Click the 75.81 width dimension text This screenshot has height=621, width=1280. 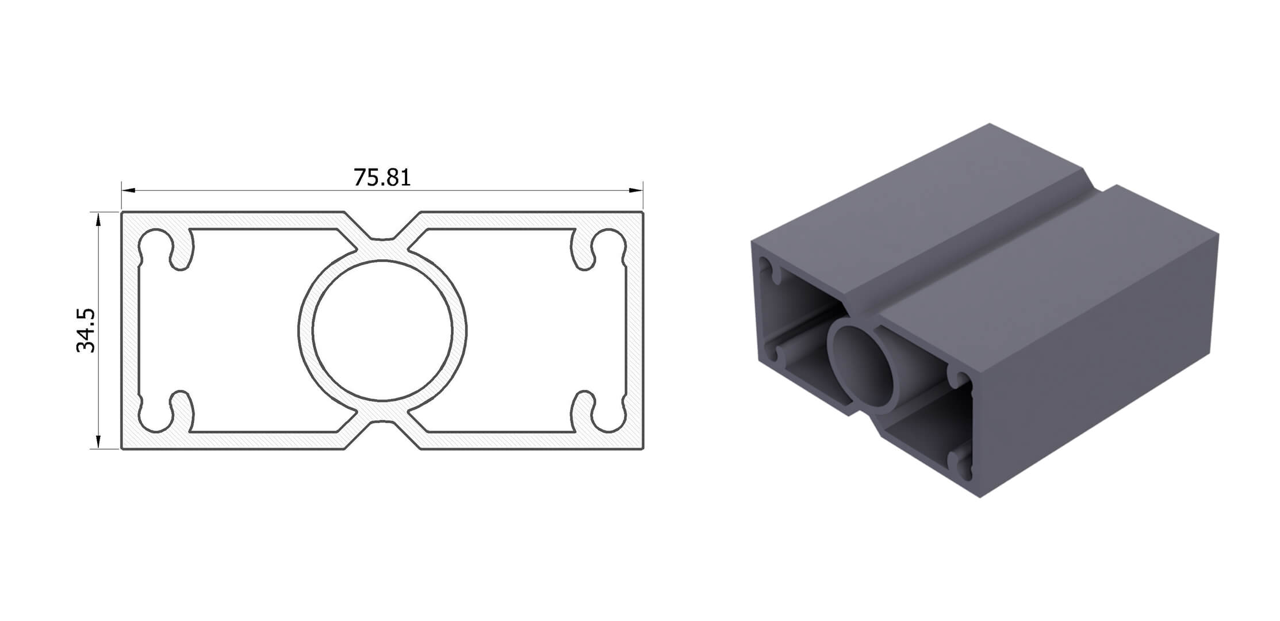coord(382,178)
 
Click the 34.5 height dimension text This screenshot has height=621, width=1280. coord(86,330)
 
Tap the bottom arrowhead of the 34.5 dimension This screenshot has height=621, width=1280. coord(99,441)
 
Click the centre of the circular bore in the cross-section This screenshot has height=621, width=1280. coord(382,331)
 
